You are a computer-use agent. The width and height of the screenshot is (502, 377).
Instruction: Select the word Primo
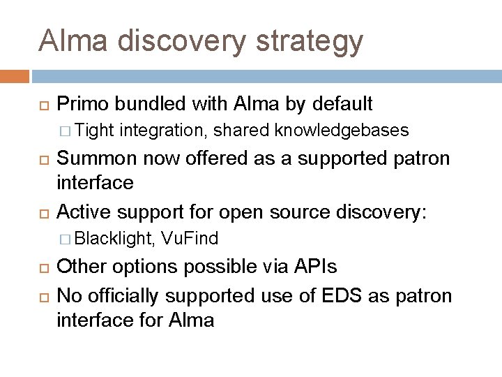(x=84, y=105)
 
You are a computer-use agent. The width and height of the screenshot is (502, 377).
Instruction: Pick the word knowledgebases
(x=342, y=130)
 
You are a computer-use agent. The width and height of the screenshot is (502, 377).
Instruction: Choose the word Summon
(x=96, y=158)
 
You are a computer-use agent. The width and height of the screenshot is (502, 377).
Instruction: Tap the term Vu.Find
(x=189, y=238)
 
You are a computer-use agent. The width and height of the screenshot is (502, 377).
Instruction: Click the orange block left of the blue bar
(x=15, y=75)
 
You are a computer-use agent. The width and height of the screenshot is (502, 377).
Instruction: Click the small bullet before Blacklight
(x=65, y=239)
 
